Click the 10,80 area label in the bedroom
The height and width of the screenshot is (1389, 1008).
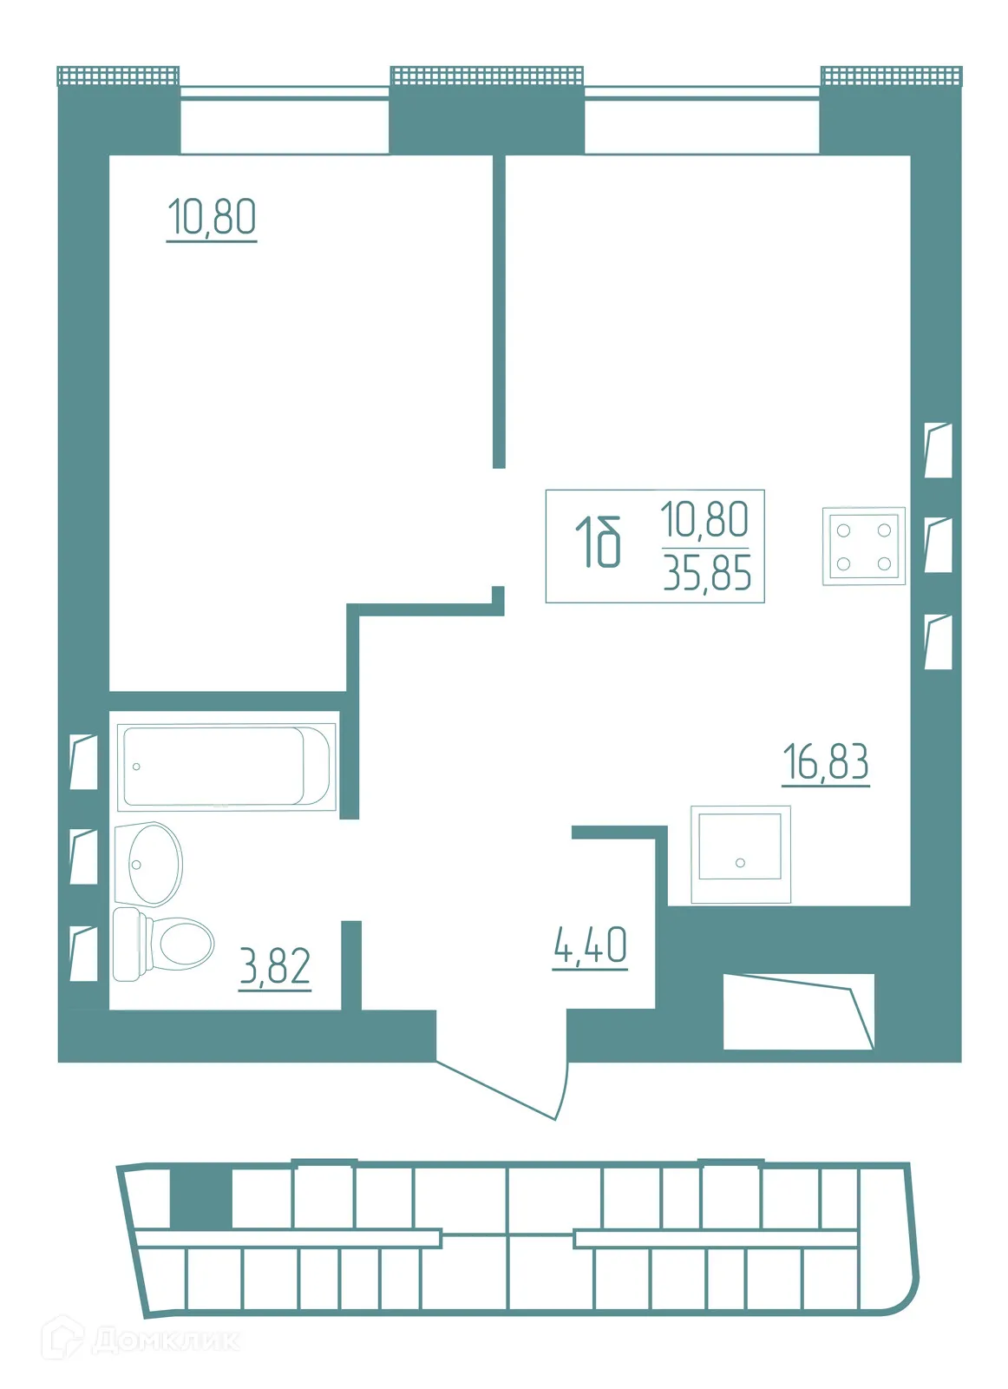coord(211,217)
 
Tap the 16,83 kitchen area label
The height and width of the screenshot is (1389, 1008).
coord(825,763)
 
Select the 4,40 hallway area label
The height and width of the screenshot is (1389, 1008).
coord(590,946)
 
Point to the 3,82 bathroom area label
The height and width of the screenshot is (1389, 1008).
coord(275,966)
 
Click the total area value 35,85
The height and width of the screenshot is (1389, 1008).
coord(707,574)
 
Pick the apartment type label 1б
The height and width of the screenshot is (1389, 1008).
coord(599,543)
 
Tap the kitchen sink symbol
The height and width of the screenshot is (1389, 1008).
coord(740,854)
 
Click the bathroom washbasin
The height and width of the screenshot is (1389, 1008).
coord(148,863)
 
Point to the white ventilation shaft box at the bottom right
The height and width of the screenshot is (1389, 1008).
coord(797,1011)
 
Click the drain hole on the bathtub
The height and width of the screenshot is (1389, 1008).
coord(136,767)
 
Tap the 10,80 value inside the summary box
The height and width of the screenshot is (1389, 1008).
coord(704,520)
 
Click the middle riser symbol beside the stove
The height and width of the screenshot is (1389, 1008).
coord(938,545)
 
